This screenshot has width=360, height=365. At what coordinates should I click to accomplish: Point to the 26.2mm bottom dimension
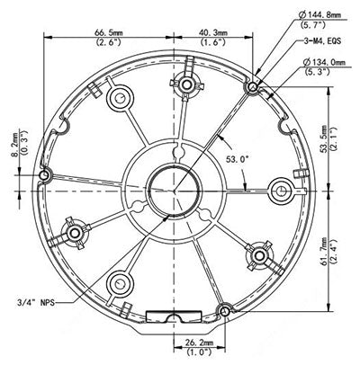(x=197, y=343)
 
